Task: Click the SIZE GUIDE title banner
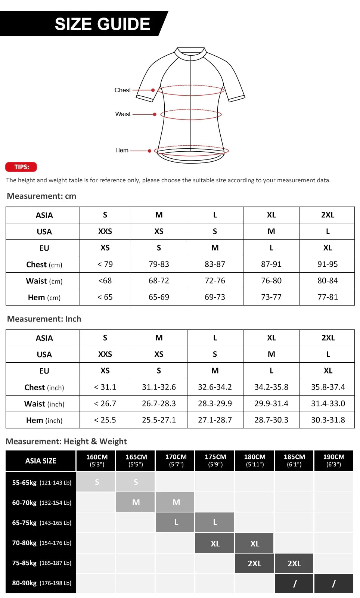(102, 24)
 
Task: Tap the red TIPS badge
(21, 167)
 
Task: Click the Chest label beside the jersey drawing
(122, 90)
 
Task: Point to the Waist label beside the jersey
(123, 114)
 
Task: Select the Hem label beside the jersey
(122, 150)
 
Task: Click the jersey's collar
(191, 53)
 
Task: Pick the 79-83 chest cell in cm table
(159, 264)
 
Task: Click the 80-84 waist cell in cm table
(328, 281)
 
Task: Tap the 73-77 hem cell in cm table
(271, 297)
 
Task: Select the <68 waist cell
(105, 281)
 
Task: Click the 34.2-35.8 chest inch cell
(271, 387)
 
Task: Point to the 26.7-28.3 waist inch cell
(159, 403)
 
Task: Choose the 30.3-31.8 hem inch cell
(328, 420)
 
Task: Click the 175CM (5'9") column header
(215, 461)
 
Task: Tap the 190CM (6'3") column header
(333, 461)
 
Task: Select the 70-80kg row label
(41, 543)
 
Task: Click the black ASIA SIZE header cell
(41, 461)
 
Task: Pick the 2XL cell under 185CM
(294, 563)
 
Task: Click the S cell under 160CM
(97, 482)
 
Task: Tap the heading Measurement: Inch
(44, 319)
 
